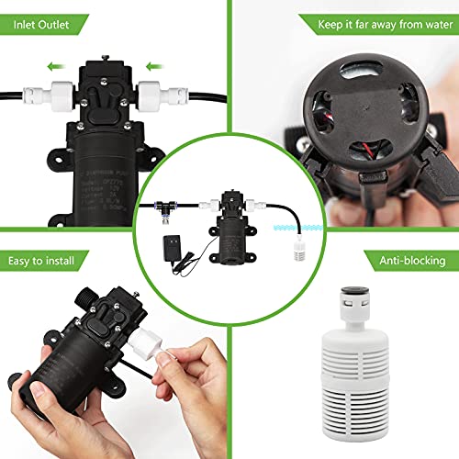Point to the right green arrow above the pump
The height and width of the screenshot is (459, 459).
[155, 65]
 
